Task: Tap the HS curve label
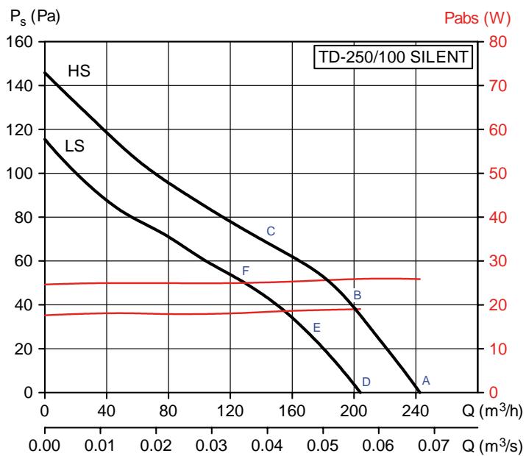click(x=79, y=71)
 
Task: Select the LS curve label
click(x=74, y=146)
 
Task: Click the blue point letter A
click(x=425, y=380)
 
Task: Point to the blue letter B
click(x=357, y=295)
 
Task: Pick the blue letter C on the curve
click(x=270, y=232)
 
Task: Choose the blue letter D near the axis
click(x=366, y=382)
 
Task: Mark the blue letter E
click(x=317, y=327)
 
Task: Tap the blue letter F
click(x=246, y=271)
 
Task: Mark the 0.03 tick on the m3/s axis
click(x=212, y=446)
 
